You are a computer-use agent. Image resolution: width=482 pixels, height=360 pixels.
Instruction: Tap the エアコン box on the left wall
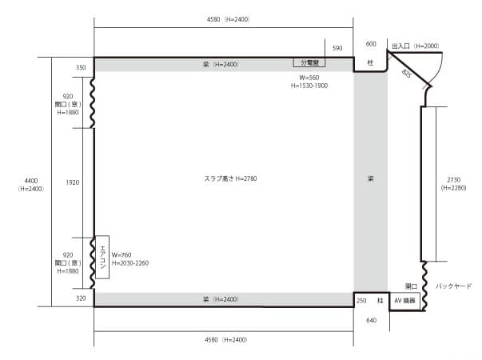tap(102, 257)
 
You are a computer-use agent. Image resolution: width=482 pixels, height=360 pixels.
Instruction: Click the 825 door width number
tap(407, 74)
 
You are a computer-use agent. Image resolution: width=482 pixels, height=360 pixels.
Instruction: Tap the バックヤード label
tap(453, 286)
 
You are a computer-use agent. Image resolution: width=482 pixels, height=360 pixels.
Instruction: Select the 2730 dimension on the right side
tap(452, 178)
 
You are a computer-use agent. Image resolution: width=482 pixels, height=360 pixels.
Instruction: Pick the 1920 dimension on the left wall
tap(73, 182)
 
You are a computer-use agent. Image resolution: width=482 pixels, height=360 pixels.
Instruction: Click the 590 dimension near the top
tap(337, 49)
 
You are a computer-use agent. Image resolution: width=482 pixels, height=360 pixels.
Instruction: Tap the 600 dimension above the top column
tap(370, 43)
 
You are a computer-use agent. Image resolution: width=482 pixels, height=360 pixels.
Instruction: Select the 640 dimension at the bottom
tap(370, 321)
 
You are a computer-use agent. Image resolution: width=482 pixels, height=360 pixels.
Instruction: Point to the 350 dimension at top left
tap(80, 68)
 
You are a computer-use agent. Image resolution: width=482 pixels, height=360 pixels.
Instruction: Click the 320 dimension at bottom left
tap(80, 298)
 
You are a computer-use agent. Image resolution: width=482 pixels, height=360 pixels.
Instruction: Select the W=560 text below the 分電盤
tap(309, 77)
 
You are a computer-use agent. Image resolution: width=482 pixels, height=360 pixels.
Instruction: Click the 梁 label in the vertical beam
tap(370, 178)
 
